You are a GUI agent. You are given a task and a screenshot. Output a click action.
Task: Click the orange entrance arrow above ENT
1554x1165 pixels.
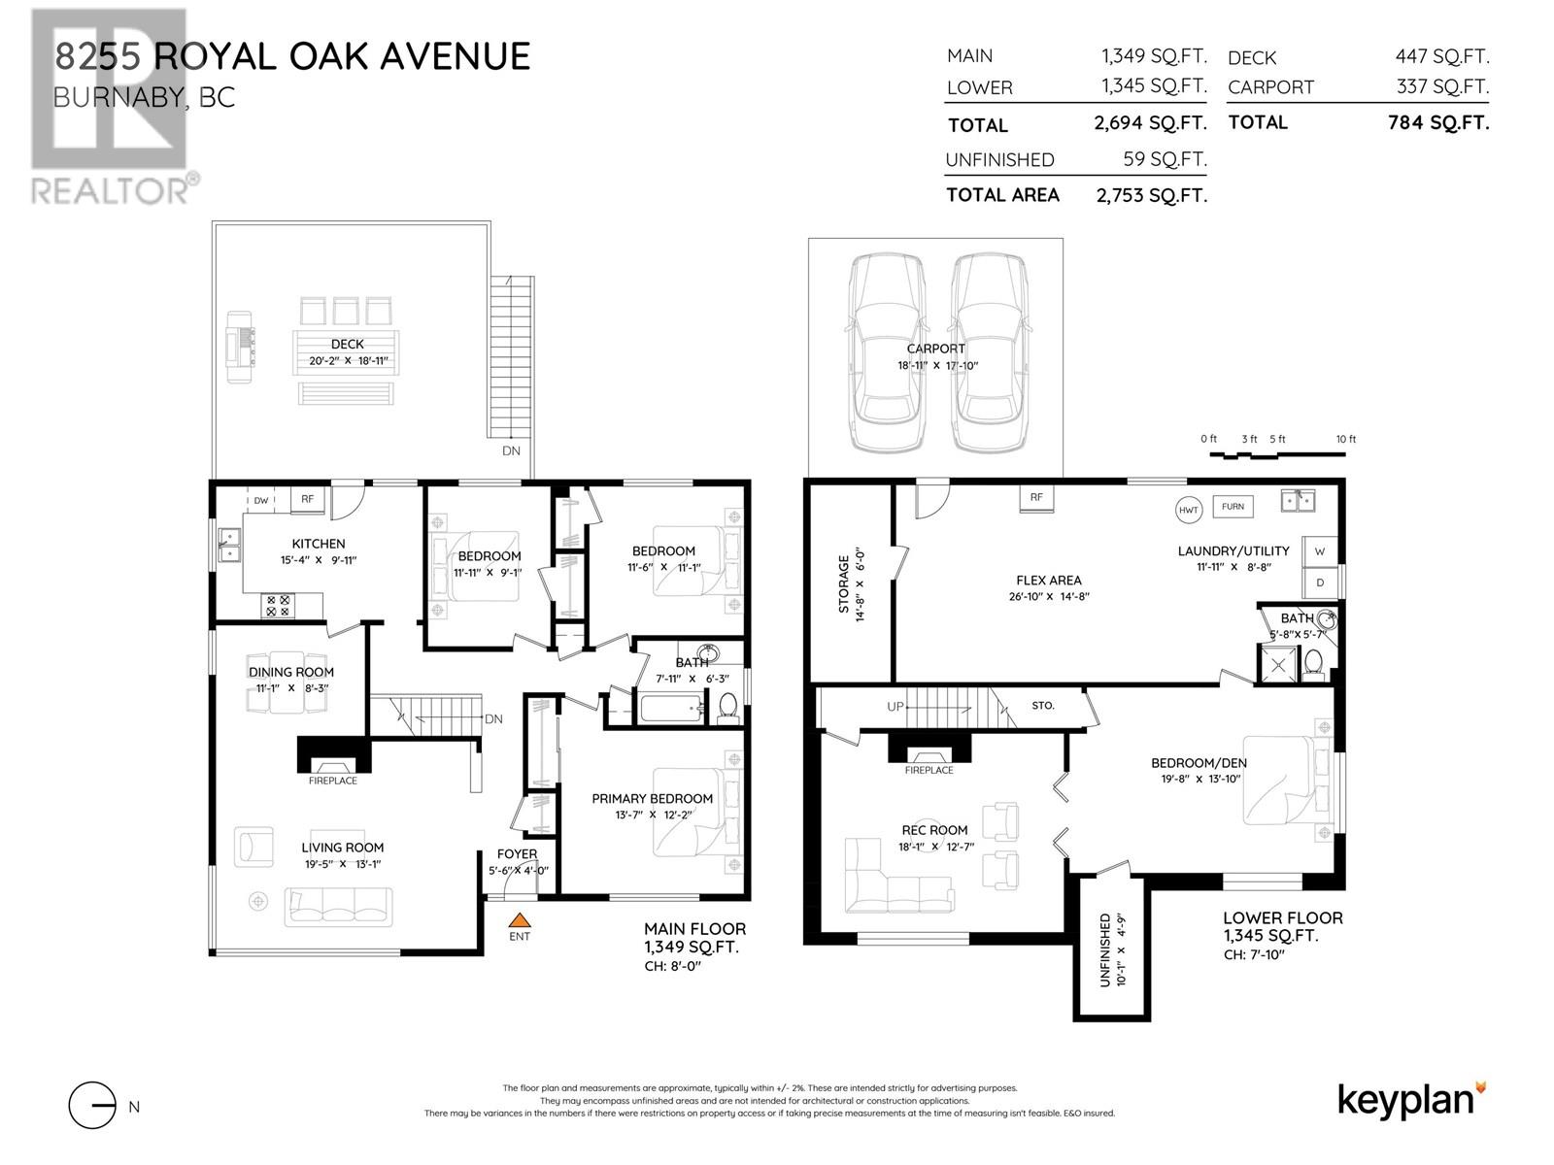coord(520,919)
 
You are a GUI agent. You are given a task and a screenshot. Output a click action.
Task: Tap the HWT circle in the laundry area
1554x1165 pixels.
coord(1188,510)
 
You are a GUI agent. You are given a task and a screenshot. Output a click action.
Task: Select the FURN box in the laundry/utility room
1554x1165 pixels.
coord(1233,507)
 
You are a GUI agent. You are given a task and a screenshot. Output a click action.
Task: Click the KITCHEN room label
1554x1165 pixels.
coord(319,544)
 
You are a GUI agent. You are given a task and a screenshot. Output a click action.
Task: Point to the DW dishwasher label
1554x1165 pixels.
coord(261,500)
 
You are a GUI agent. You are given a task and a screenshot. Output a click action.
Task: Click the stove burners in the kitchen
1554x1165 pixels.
coord(278,606)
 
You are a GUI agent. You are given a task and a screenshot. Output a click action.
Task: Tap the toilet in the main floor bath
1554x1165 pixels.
coord(727,708)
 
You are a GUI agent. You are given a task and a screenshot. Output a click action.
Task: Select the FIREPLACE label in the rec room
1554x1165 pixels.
coord(929,770)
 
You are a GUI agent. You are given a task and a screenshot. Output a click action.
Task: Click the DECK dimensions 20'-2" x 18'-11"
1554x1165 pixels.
coord(349,361)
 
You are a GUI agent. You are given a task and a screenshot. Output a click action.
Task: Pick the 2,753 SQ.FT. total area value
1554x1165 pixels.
coord(1152,195)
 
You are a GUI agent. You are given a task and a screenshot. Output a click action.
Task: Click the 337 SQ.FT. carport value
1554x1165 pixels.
coord(1443,87)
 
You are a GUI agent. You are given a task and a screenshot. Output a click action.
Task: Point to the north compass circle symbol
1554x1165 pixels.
coord(92,1106)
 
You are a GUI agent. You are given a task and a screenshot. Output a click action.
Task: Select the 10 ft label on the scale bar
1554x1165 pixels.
coord(1346,439)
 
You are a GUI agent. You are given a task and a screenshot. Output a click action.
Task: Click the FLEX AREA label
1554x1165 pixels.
coord(1049,580)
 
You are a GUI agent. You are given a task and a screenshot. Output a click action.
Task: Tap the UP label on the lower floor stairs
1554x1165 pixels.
coord(895,706)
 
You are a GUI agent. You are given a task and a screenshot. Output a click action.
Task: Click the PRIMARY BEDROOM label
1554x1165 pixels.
coord(652,799)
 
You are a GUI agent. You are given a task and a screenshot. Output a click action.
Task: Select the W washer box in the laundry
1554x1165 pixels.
coord(1320,551)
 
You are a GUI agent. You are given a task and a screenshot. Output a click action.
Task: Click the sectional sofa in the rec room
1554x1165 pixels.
coord(897,884)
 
